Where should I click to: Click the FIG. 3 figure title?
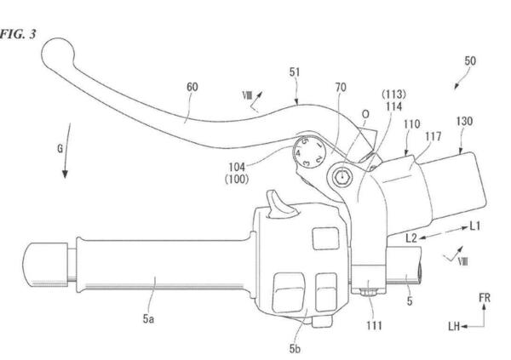(x=18, y=34)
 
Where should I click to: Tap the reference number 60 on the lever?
(x=192, y=87)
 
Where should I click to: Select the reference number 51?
(x=295, y=72)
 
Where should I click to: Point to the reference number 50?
(x=470, y=60)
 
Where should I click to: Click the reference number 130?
(x=464, y=121)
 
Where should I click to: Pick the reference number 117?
(x=433, y=136)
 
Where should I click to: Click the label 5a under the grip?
(x=148, y=318)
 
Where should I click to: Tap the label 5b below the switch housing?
(x=295, y=349)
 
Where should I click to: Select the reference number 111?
(x=374, y=325)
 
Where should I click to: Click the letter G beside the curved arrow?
(x=60, y=149)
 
